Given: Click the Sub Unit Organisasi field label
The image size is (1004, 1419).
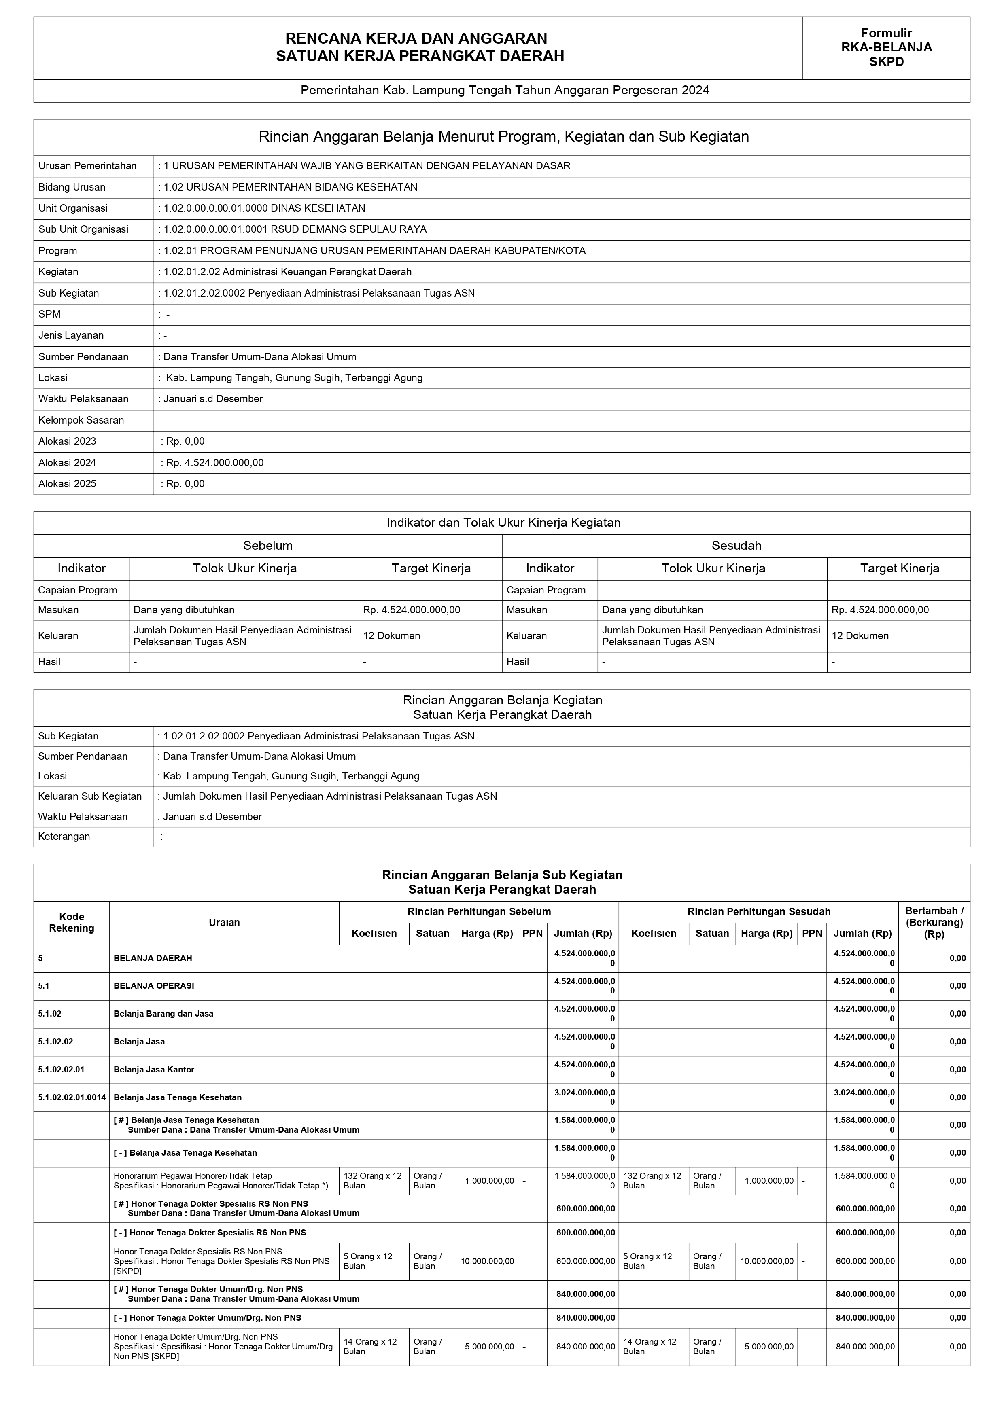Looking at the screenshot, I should pyautogui.click(x=83, y=229).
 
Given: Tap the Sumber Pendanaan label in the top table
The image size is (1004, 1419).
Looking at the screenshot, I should pyautogui.click(x=83, y=357).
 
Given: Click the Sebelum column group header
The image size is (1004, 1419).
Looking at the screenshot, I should pyautogui.click(x=267, y=546).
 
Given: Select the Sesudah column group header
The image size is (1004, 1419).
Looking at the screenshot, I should pyautogui.click(x=737, y=546).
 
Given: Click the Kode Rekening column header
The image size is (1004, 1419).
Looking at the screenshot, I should pyautogui.click(x=72, y=922).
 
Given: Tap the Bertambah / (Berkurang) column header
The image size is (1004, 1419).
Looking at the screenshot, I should pyautogui.click(x=934, y=922).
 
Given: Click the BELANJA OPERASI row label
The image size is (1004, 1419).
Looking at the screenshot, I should pyautogui.click(x=154, y=986).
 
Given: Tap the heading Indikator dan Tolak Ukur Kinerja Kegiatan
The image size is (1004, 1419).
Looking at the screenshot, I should pyautogui.click(x=503, y=523).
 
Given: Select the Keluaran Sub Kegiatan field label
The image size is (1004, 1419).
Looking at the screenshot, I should pyautogui.click(x=90, y=796).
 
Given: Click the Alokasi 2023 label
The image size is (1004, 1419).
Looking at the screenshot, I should pyautogui.click(x=68, y=441).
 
